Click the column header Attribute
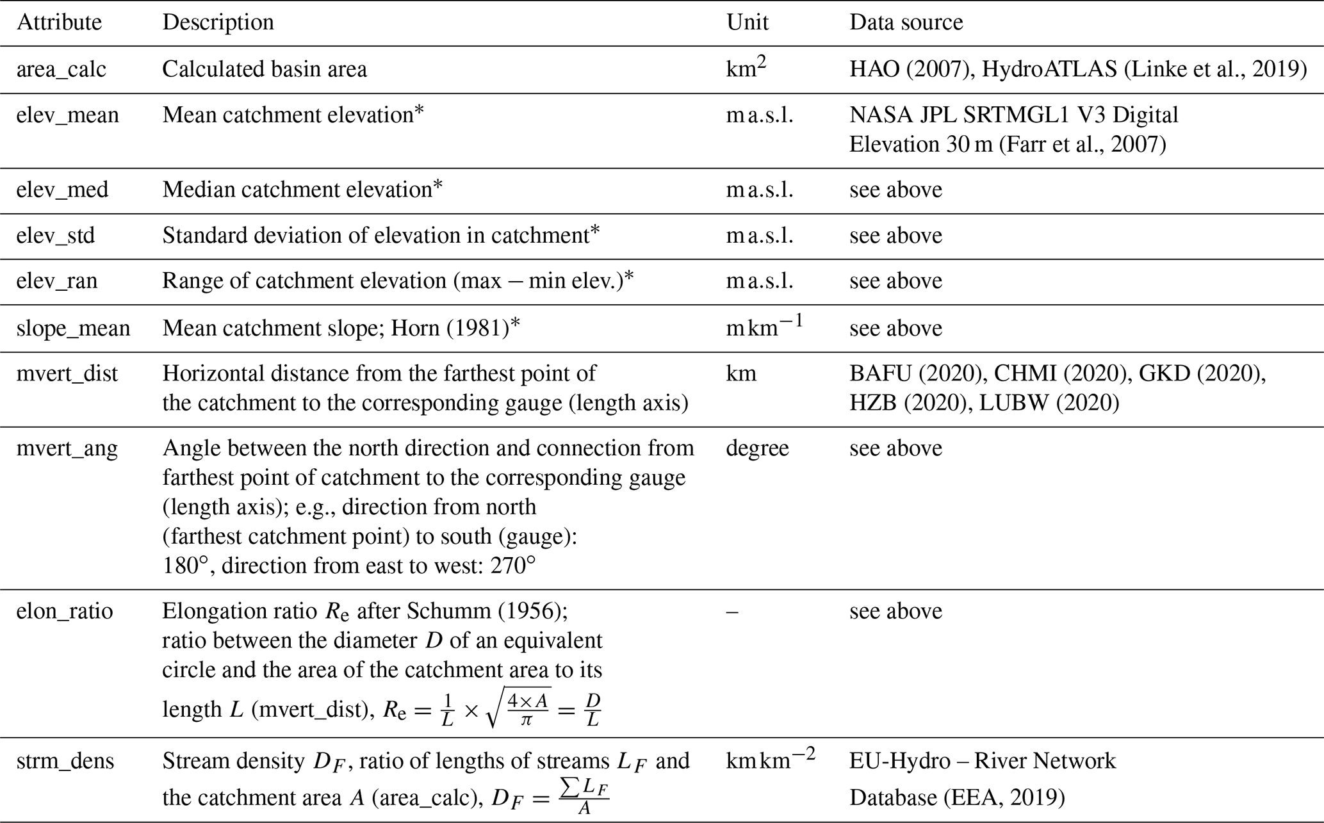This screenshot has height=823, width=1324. [59, 22]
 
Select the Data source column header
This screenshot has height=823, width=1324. [906, 22]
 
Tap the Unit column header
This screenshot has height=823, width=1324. [747, 22]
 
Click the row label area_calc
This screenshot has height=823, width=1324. [61, 69]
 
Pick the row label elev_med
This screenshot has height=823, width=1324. [62, 190]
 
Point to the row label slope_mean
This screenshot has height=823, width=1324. [73, 329]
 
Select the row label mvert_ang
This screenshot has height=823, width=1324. [67, 448]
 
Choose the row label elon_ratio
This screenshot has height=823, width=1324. [65, 611]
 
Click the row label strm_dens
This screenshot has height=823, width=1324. [65, 761]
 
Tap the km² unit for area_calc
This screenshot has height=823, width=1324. [746, 68]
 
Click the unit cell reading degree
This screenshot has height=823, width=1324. [757, 448]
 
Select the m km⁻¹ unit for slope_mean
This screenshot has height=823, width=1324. [764, 327]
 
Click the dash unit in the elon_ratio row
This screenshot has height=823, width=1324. [731, 612]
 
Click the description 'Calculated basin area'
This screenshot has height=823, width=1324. [265, 69]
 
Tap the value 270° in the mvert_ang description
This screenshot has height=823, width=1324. [512, 566]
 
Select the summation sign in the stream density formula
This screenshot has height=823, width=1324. [566, 790]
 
